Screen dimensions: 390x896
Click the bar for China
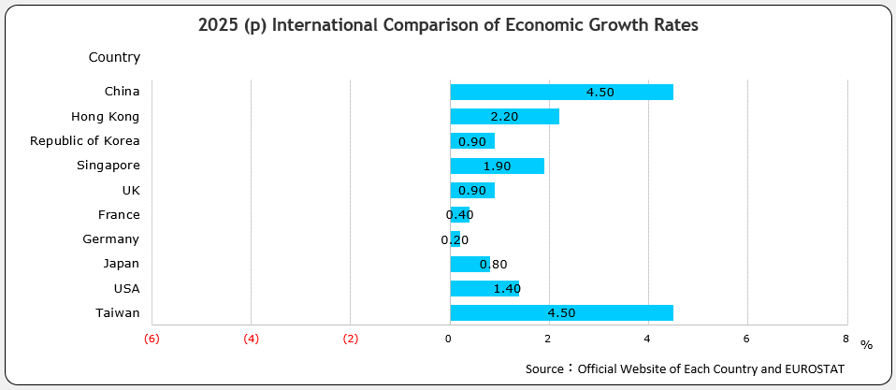point(561,92)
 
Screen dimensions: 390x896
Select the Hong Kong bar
point(504,117)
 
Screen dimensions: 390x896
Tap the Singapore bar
point(497,166)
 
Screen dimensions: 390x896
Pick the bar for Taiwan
point(561,312)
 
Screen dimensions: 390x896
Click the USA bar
point(484,288)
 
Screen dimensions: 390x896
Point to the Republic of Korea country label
point(84,141)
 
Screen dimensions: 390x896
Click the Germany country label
point(110,239)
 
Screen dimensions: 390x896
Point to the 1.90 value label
point(497,166)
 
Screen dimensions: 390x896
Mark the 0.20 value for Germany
point(455,239)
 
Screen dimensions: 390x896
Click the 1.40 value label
point(506,288)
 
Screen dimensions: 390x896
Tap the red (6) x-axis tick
point(152,339)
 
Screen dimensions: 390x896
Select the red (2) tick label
point(351,339)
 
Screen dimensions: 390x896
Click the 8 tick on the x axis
point(845,339)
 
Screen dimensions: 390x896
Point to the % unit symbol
point(866,345)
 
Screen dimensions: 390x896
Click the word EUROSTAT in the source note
point(814,369)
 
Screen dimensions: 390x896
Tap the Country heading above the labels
point(114,57)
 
